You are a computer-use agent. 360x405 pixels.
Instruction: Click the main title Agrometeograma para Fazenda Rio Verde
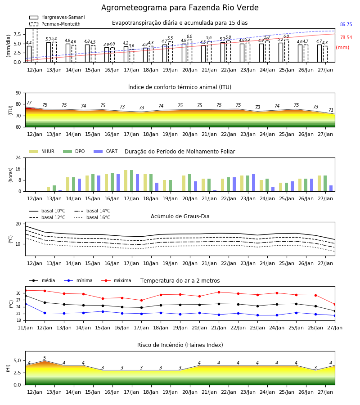pos(180,8)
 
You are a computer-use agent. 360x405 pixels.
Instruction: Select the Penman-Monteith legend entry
pos(55,24)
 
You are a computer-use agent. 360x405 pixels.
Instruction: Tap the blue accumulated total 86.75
pos(346,25)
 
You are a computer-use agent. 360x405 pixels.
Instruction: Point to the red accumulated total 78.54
pos(346,37)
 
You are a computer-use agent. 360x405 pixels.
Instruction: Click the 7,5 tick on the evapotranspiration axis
pos(17,34)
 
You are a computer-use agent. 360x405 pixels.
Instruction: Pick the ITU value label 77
pos(29,103)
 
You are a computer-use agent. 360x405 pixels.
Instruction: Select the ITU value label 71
pos(331,110)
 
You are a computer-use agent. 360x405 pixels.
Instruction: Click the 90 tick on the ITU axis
pos(18,93)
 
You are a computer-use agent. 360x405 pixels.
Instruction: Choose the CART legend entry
pos(106,151)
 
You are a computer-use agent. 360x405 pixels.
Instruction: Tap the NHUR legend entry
pos(42,151)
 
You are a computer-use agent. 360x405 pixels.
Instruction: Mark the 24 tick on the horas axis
pos(18,157)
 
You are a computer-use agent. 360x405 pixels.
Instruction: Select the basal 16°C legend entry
pos(92,217)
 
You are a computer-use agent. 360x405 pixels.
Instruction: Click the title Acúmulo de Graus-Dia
pos(180,216)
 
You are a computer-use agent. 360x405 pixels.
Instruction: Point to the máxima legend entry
pos(116,280)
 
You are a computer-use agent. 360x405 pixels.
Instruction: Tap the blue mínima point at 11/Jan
pos(25,304)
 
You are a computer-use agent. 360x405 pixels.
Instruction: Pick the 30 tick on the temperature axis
pos(18,293)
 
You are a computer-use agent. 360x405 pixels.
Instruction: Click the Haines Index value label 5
pos(45,358)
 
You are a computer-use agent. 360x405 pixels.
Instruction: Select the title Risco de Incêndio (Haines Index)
pos(180,345)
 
